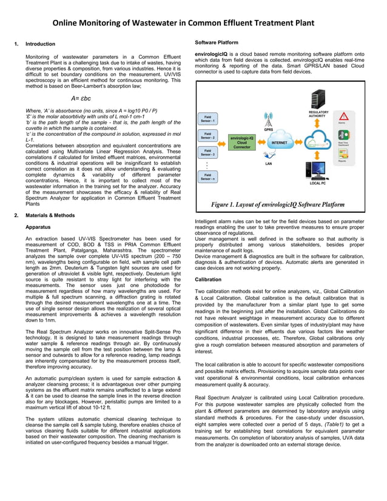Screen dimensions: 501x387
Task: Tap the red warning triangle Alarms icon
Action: pos(344,116)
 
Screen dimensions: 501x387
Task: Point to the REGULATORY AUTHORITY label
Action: pos(318,114)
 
